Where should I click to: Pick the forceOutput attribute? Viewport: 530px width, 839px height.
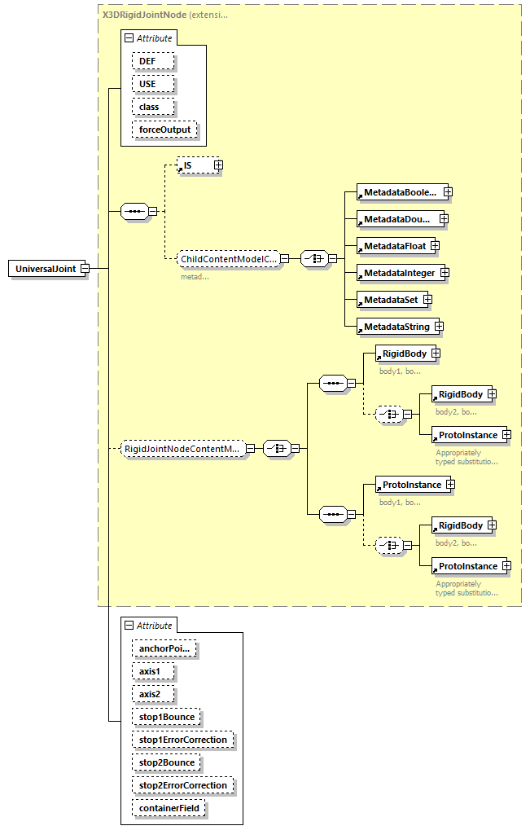coord(164,130)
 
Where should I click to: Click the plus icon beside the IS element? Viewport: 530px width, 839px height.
coord(218,165)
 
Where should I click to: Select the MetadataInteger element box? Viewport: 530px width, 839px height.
coord(399,273)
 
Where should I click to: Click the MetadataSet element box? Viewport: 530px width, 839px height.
coord(391,300)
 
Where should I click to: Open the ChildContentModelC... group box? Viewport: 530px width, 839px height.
coord(228,259)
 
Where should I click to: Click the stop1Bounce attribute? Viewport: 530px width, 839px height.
coord(166,718)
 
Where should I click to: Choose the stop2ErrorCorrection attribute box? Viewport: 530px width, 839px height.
coord(182,785)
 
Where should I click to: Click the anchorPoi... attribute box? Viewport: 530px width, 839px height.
coord(165,649)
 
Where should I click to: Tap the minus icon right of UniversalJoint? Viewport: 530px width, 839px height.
coord(85,269)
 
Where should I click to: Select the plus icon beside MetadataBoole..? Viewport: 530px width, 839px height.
coord(448,192)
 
